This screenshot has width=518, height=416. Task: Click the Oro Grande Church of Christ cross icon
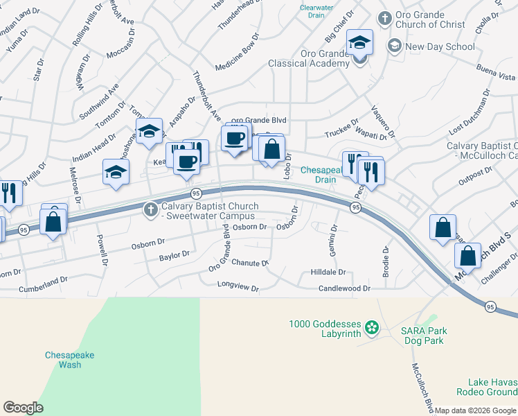[x=384, y=17]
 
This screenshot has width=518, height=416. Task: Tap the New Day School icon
[x=395, y=46]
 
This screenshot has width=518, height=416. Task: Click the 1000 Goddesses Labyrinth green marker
[x=372, y=327]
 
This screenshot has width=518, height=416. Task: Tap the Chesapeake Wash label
[x=69, y=360]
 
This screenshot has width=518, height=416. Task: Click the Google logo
[x=23, y=408]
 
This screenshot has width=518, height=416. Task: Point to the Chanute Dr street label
[x=250, y=263]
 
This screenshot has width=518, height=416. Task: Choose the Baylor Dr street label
[x=175, y=256]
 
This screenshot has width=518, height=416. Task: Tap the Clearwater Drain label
[x=316, y=12]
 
